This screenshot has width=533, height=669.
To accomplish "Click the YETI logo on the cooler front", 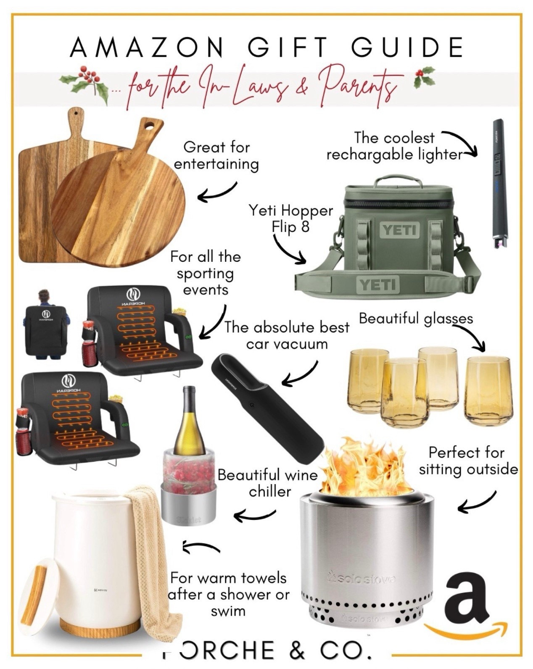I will (x=400, y=230).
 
